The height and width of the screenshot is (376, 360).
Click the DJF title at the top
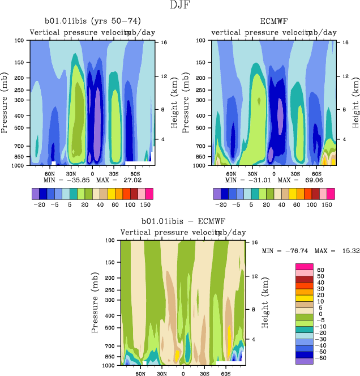(180, 6)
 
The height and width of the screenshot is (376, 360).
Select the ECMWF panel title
(274, 22)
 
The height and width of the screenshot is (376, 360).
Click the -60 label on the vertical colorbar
(320, 358)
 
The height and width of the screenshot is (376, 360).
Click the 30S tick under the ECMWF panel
(295, 173)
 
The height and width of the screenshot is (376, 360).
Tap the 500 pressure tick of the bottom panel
(112, 327)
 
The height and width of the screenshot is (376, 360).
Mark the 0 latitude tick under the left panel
(92, 173)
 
